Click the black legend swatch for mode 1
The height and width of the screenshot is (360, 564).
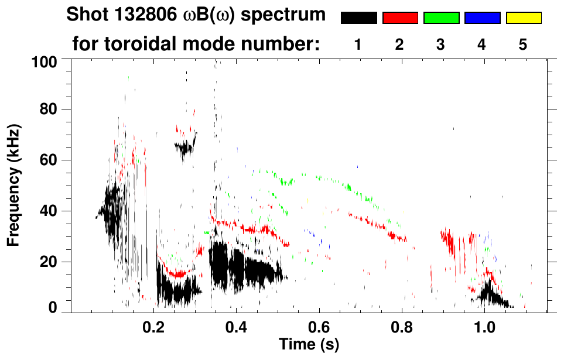[x=358, y=18]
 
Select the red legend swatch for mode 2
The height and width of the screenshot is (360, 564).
[x=400, y=18]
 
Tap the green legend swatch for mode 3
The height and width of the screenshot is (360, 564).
[x=441, y=18]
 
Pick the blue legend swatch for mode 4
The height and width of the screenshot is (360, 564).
[x=482, y=18]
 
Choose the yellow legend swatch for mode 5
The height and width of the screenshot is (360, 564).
[x=524, y=18]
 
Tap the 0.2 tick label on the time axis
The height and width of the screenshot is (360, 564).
[x=154, y=327]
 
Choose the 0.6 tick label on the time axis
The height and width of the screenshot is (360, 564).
[x=319, y=327]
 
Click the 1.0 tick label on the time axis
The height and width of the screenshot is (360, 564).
[x=484, y=327]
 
